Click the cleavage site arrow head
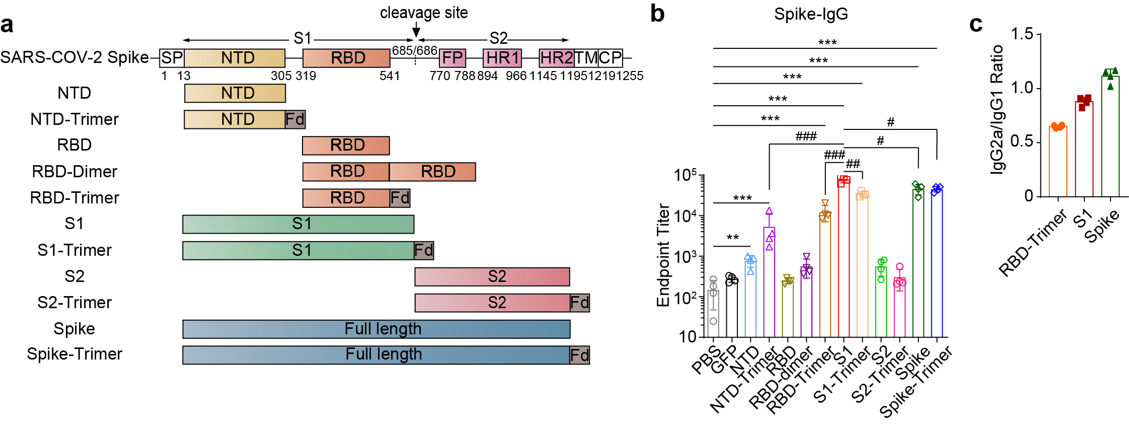[416, 32]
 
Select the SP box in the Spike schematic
[172, 58]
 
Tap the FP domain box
[452, 58]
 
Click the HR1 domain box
[502, 58]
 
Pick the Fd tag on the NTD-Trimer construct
[295, 119]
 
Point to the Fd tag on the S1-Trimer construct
[423, 250]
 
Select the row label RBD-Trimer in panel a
[74, 198]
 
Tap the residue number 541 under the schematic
[390, 76]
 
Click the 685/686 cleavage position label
[414, 50]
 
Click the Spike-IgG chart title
[811, 14]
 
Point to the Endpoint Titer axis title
[663, 255]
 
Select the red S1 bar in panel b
[844, 257]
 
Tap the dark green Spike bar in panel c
[1110, 136]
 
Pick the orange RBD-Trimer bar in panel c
[1058, 161]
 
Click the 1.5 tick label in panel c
[1022, 34]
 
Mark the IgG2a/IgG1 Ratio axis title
[997, 110]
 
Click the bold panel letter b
[657, 14]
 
